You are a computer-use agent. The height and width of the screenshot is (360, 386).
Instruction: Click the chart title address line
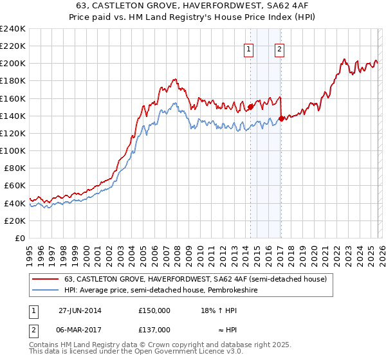193,6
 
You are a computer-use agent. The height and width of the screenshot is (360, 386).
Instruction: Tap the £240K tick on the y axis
13,29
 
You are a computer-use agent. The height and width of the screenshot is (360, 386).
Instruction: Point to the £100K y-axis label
13,150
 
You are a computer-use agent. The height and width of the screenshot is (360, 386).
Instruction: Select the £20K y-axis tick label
15,221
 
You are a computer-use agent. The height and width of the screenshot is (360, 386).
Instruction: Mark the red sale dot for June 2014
250,107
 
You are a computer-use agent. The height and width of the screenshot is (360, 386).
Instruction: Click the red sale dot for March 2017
281,118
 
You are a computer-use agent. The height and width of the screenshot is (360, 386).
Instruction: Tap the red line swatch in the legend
46,279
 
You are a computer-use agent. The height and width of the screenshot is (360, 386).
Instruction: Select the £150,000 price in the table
154,310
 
